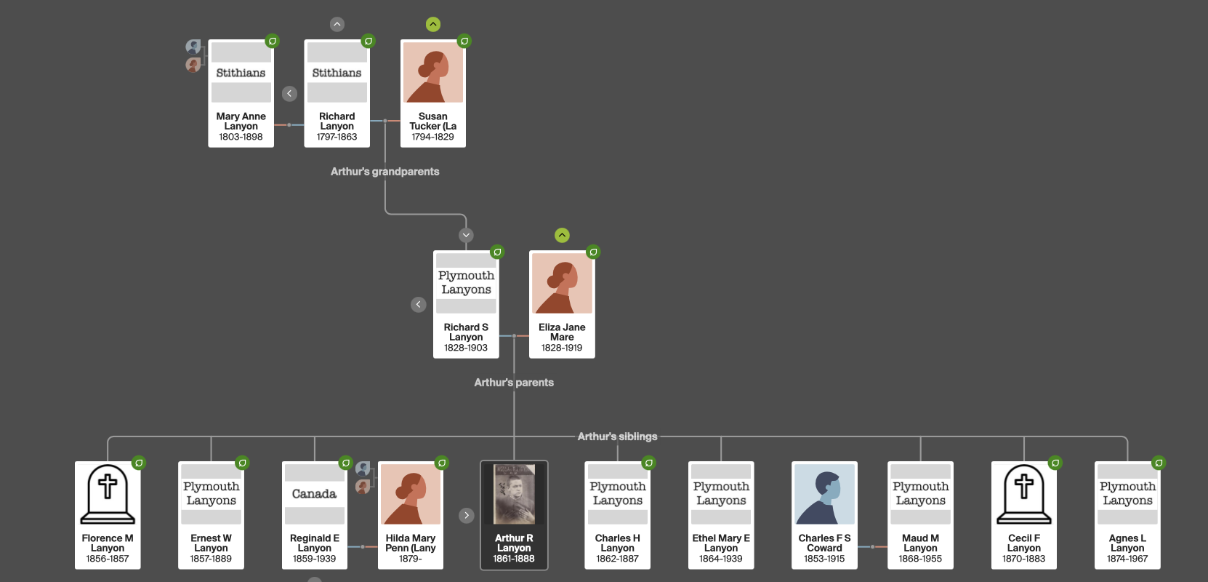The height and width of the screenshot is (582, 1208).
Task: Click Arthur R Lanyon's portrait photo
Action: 514,494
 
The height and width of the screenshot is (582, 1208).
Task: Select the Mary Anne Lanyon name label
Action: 241,121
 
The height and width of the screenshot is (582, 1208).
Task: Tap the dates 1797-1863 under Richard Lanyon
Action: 337,137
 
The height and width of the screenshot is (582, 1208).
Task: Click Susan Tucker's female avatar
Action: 433,73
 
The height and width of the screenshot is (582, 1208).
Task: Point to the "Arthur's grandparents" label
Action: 384,172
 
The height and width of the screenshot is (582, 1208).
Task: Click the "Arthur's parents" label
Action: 514,383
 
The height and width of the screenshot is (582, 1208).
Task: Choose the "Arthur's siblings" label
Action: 617,436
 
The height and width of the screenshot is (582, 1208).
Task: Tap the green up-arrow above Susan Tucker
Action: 433,25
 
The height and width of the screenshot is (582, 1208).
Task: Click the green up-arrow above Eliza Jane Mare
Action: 562,235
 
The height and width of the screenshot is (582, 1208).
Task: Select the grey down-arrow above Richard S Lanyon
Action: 466,235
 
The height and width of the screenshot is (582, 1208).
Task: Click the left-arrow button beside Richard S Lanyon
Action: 419,304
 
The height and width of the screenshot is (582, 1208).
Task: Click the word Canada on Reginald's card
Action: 314,494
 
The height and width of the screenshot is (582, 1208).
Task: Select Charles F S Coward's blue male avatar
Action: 824,495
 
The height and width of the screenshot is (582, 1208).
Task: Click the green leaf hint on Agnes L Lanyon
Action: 1159,463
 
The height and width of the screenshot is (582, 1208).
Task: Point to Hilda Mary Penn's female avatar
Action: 411,495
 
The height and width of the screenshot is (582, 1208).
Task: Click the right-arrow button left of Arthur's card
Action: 467,515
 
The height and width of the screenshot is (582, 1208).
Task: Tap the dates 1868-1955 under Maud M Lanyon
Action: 920,559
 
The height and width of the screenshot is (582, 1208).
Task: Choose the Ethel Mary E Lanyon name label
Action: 721,543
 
